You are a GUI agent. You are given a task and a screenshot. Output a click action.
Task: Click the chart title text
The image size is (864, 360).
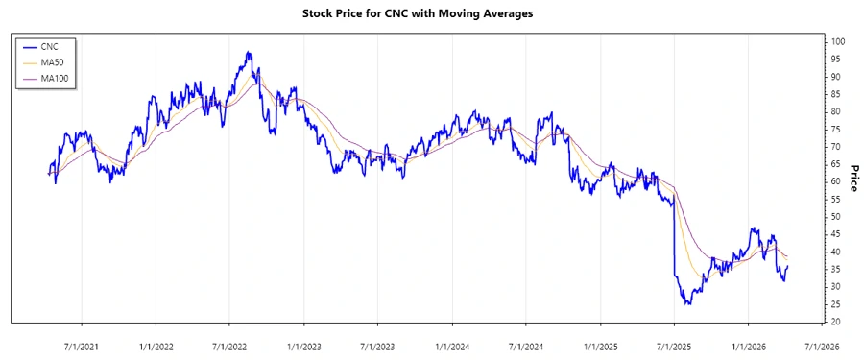pyautogui.click(x=432, y=13)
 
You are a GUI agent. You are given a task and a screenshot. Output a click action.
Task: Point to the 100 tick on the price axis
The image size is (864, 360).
pyautogui.click(x=838, y=41)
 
